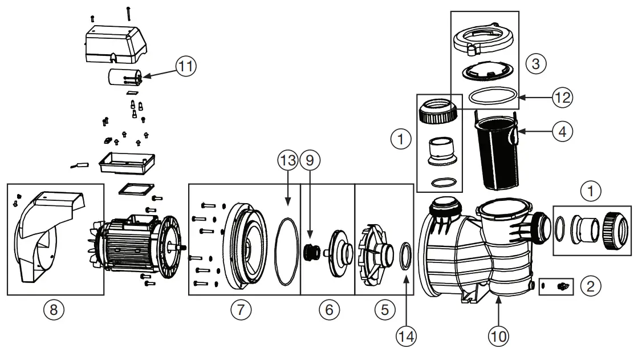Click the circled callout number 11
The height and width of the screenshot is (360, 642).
185,67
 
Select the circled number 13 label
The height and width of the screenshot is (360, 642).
287,161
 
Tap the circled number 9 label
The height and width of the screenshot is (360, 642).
310,161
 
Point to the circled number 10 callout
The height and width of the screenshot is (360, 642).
498,337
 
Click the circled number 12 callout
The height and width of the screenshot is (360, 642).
562,98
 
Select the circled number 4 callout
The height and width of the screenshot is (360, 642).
562,132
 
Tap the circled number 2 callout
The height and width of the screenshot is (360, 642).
591,285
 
